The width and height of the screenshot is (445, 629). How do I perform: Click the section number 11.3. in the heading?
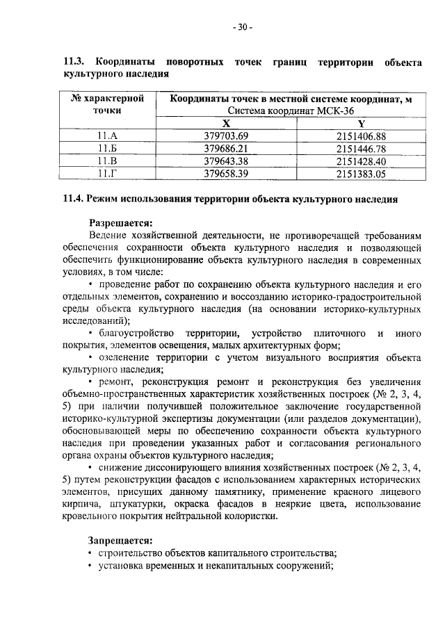click(x=74, y=63)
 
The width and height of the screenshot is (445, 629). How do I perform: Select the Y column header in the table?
click(x=361, y=122)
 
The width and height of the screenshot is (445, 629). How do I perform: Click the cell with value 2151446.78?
click(x=361, y=148)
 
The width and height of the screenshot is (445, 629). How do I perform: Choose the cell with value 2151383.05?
click(x=361, y=174)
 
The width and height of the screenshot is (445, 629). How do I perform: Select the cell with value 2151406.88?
click(x=361, y=136)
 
